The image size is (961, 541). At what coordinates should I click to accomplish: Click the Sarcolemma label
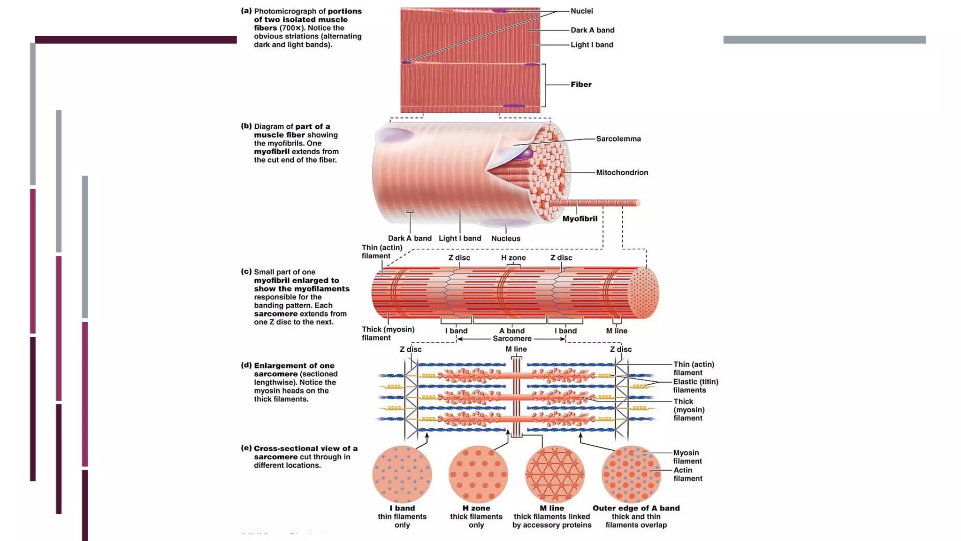pos(618,139)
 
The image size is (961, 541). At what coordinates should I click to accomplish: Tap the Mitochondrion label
pos(622,172)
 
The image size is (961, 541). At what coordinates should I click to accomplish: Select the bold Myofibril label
pos(580,218)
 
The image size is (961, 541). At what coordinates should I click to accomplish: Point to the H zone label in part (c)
pos(513,257)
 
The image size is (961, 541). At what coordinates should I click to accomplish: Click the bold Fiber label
pos(581,85)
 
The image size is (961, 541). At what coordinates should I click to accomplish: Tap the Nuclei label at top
pos(581,11)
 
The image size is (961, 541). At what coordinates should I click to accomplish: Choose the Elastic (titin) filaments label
pos(695,386)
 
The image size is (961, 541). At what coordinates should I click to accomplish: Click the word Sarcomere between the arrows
pos(512,339)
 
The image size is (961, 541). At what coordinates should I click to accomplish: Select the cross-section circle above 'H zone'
pos(478,474)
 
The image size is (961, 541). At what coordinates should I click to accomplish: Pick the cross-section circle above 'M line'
pos(555,474)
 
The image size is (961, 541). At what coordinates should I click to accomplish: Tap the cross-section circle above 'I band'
pos(402,474)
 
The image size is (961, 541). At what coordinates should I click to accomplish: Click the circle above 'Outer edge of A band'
pos(631,474)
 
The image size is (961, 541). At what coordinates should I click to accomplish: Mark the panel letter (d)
pos(246,365)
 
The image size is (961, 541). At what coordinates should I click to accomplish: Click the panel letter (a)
pos(246,11)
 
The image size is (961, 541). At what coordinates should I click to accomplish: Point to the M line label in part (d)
pos(516,349)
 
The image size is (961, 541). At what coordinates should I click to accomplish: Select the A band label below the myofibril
pos(511,331)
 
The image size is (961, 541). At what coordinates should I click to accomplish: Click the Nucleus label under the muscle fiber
pos(505,238)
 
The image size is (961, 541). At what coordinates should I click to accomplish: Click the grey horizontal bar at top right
pos(824,40)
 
